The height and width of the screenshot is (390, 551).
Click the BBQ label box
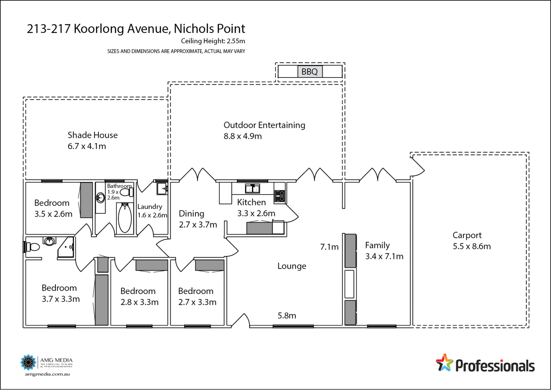[310, 72]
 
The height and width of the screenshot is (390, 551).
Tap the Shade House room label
[93, 135]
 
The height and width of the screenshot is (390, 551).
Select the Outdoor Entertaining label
[264, 125]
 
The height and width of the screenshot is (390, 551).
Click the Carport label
[467, 235]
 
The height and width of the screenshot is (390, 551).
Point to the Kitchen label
[251, 202]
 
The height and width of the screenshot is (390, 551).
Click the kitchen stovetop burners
[280, 196]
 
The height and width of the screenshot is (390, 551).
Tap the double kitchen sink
[252, 189]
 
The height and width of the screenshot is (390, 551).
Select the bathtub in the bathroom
[125, 218]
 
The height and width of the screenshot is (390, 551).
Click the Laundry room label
[150, 207]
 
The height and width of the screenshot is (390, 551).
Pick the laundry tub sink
[162, 189]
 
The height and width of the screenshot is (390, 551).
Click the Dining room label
[191, 214]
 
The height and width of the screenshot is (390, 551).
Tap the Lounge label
[292, 266]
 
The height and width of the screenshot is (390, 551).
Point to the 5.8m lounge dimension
[287, 316]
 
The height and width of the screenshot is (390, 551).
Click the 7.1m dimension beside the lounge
[329, 247]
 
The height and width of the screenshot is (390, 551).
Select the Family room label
[377, 245]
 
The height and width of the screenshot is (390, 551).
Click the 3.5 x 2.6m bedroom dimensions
[53, 214]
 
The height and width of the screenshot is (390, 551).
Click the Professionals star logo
[444, 363]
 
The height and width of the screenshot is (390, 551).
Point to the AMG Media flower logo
[28, 362]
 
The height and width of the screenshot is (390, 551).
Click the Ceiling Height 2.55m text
[213, 41]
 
